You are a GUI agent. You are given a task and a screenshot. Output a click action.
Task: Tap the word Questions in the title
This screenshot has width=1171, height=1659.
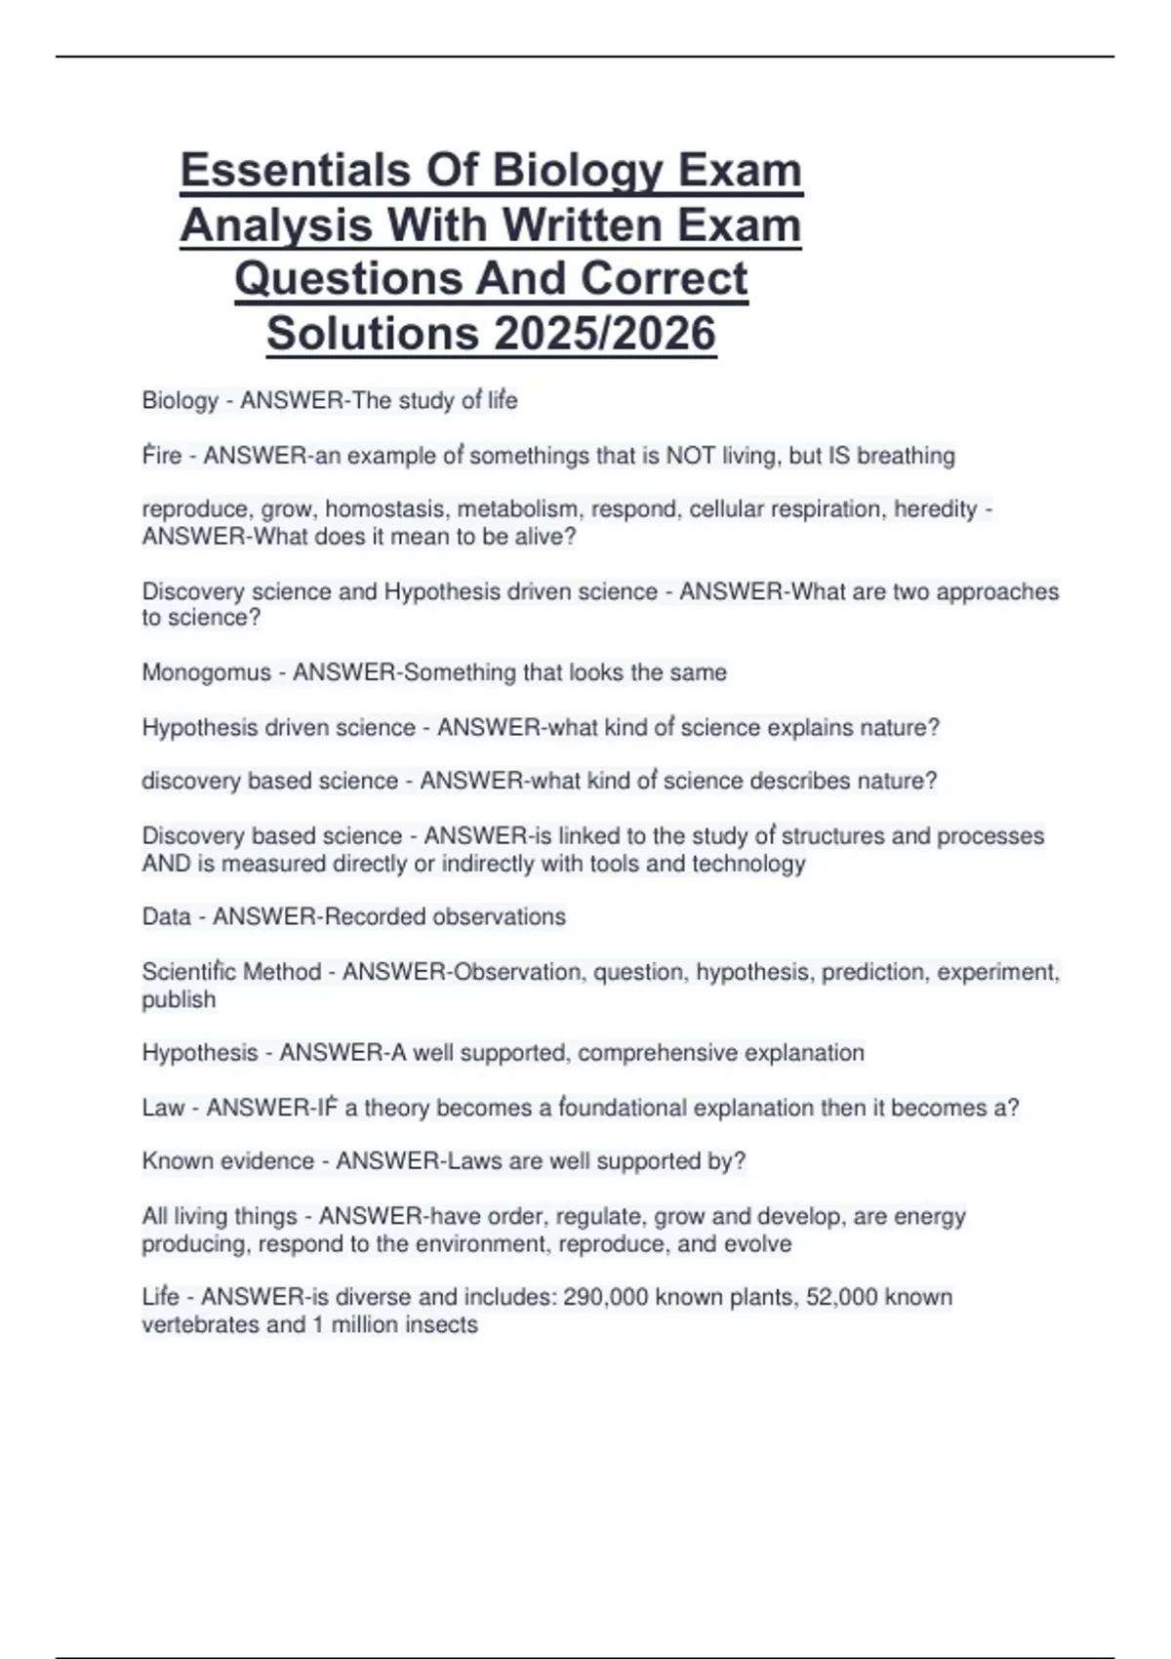348,279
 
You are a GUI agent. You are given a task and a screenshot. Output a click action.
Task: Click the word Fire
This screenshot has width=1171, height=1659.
162,456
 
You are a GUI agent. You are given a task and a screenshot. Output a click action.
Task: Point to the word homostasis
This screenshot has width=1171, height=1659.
385,508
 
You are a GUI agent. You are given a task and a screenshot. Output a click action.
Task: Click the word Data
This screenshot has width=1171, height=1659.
166,916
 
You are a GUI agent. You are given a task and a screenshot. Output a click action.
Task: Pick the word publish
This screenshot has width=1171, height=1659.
179,999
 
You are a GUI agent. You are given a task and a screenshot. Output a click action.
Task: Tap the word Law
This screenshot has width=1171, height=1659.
163,1108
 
